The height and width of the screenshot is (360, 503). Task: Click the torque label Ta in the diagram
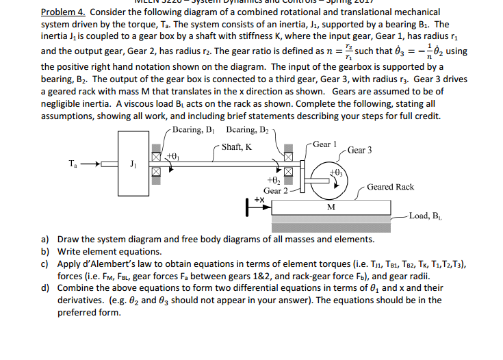(73, 164)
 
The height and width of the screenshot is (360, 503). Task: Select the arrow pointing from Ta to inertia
(95, 164)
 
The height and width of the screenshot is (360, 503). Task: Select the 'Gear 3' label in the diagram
(360, 150)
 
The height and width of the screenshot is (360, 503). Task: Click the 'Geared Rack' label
(390, 187)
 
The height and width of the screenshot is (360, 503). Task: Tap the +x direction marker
(259, 199)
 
